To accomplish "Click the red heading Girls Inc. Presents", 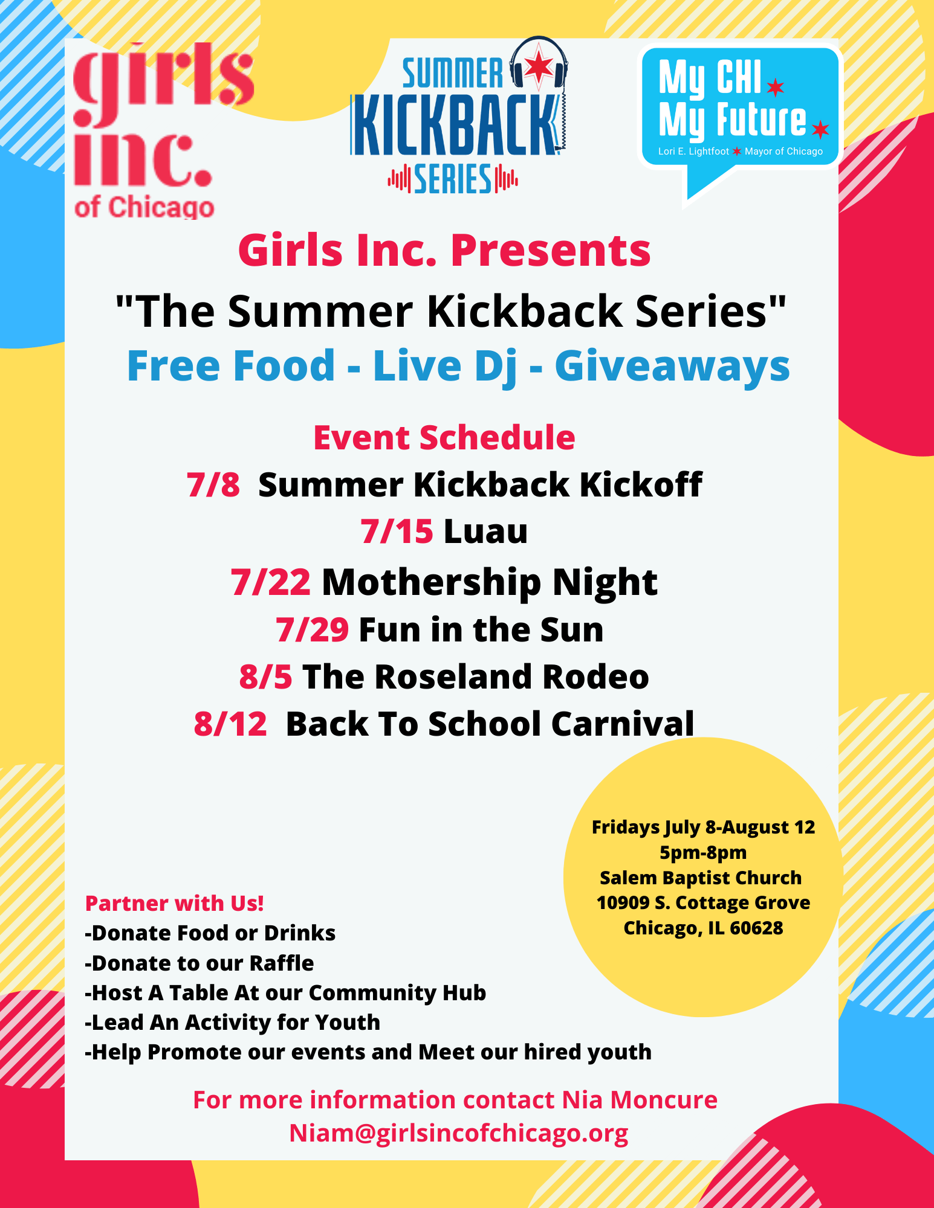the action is coord(444,250).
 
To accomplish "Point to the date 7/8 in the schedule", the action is coord(213,484).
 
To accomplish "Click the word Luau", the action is coord(485,532).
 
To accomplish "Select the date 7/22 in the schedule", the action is coord(271,582).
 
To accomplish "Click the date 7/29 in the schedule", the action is coord(312,629).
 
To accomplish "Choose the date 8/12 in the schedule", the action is coord(230,724).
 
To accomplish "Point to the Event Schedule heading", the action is coord(444,437).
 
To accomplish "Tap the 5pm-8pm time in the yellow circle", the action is coord(703,852).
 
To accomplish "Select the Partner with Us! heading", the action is coord(175,903).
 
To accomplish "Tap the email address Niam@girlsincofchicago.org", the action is coord(459,1133).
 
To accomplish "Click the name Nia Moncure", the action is coord(640,1100).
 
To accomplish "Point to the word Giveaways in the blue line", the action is coord(672,367).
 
